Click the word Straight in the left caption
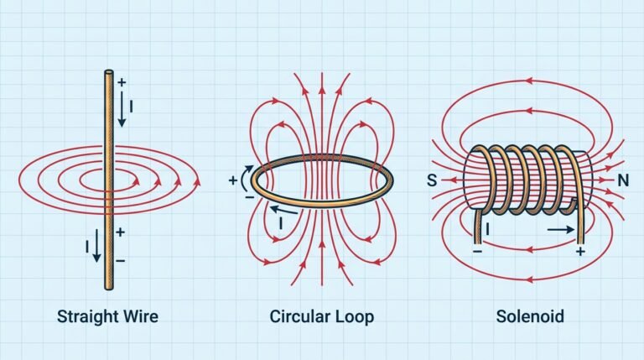pyautogui.click(x=85, y=317)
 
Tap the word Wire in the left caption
pyautogui.click(x=139, y=317)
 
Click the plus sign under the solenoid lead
pyautogui.click(x=579, y=250)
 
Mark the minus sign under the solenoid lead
pyautogui.click(x=477, y=250)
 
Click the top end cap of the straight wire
pyautogui.click(x=109, y=74)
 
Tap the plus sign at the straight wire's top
pyautogui.click(x=122, y=82)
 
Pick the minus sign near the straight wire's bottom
pyautogui.click(x=122, y=261)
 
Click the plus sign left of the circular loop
pyautogui.click(x=233, y=180)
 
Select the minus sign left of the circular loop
pyautogui.click(x=249, y=196)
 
